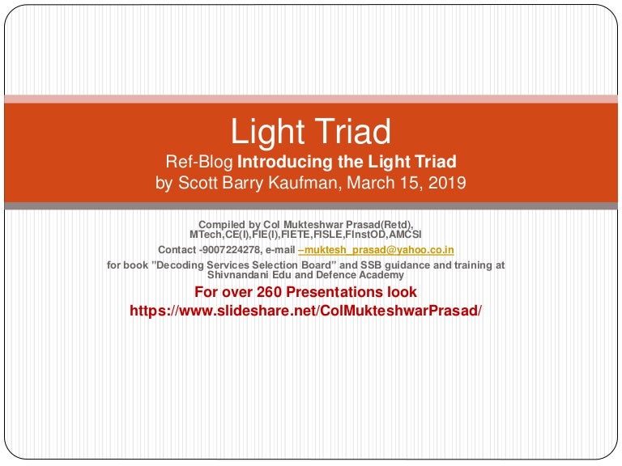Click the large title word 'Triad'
pyautogui.click(x=351, y=131)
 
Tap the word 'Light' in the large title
pyautogui.click(x=265, y=131)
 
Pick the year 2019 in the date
pyautogui.click(x=448, y=182)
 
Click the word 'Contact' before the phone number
pyautogui.click(x=177, y=250)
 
